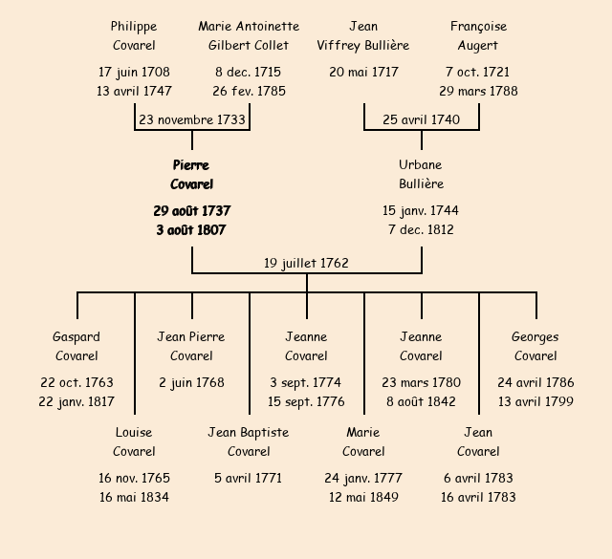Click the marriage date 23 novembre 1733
192,120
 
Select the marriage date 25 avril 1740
421,120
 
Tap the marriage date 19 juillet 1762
306,264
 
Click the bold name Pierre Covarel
191,175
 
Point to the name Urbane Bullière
421,175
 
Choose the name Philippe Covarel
134,36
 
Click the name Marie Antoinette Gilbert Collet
249,36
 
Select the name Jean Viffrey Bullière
363,36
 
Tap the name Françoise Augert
478,36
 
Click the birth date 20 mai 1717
363,73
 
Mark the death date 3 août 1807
191,230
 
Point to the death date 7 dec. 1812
421,230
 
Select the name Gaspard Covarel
76,347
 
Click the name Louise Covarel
134,442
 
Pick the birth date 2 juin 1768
191,383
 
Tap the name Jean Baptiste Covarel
249,442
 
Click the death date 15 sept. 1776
306,402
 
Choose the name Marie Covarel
363,442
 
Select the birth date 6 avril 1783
478,479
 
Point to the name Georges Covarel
535,347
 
